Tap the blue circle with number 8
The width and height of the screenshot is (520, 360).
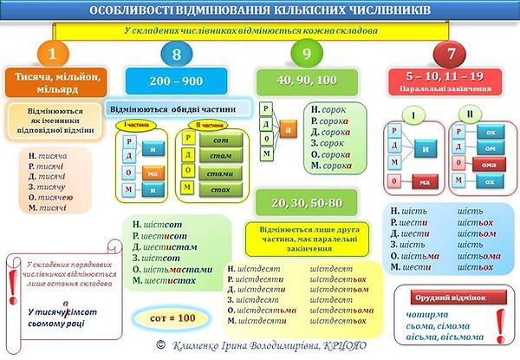(x=177, y=55)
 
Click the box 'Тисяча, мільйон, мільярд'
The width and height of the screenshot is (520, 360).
(x=54, y=84)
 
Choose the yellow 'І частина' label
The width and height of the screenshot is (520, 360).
(x=129, y=127)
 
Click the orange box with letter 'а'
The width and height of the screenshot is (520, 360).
(x=288, y=128)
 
